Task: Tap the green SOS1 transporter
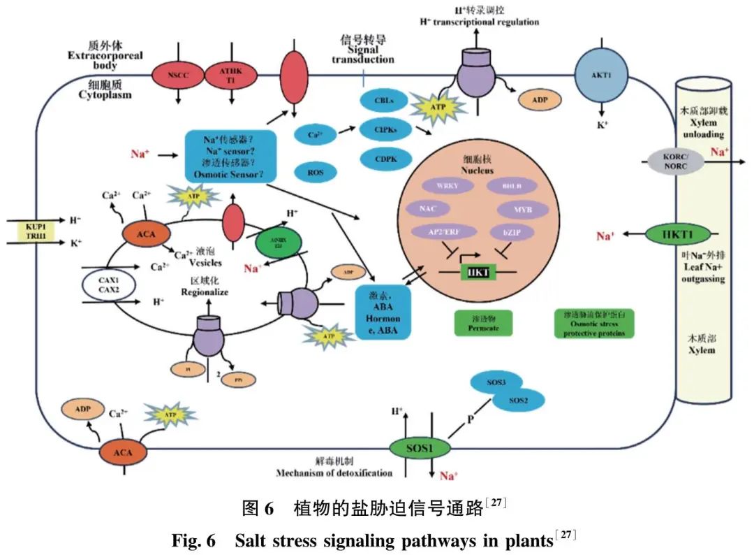click(417, 445)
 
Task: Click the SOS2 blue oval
click(518, 400)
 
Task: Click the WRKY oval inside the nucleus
click(448, 186)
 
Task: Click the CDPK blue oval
click(385, 159)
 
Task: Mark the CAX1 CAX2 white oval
click(108, 285)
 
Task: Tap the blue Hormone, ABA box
click(382, 311)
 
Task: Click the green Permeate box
click(483, 322)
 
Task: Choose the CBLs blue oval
click(385, 100)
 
